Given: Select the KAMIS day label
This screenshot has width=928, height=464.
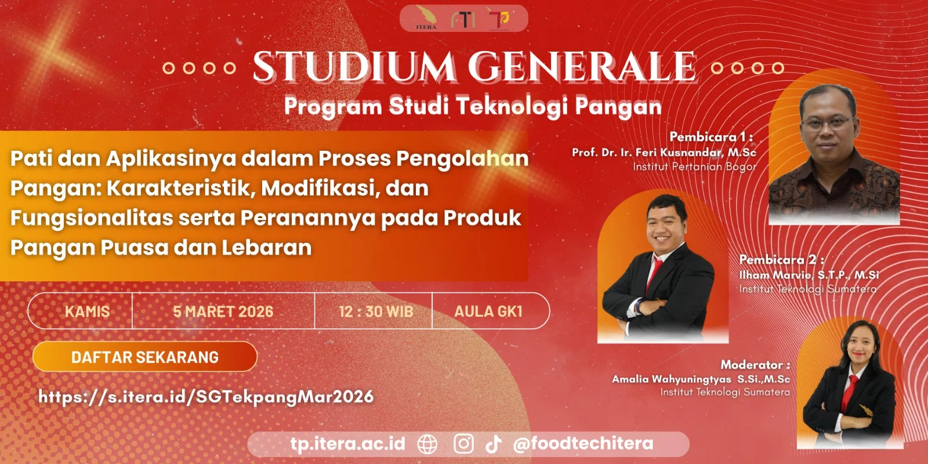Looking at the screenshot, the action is tap(88, 311).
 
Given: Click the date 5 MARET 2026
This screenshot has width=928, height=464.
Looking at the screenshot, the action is tap(223, 311).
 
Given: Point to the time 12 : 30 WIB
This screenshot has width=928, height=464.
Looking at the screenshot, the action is tap(376, 311).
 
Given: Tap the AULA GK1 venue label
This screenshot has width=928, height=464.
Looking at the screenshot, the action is tap(488, 311).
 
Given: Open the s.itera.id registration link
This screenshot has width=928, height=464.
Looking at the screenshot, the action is tap(206, 397).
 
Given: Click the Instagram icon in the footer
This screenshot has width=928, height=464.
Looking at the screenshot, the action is tap(463, 444).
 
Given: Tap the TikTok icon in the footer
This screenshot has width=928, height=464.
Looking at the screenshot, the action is tap(494, 444).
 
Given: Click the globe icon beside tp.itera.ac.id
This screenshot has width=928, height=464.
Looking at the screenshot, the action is tap(427, 444).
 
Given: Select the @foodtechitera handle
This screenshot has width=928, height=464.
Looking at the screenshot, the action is tap(583, 444).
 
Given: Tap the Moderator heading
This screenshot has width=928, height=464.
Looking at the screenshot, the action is tap(755, 365).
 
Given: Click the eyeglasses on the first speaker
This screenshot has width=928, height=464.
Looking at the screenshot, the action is tap(828, 122).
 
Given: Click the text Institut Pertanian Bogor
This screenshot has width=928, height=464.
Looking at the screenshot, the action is tap(695, 166).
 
